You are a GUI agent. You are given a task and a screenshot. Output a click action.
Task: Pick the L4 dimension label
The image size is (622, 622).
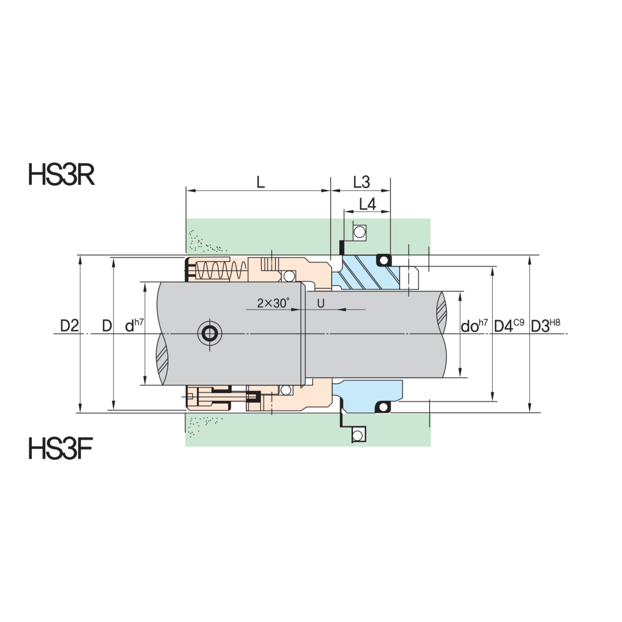(x=367, y=204)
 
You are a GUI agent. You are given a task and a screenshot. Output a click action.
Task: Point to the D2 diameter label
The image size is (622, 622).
(x=69, y=326)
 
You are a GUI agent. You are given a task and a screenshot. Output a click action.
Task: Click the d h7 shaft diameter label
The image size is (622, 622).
(x=134, y=326)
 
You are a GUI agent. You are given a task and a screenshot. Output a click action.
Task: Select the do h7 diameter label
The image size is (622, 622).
(x=474, y=326)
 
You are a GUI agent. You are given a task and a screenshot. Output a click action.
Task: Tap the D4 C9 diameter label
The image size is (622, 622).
(x=509, y=326)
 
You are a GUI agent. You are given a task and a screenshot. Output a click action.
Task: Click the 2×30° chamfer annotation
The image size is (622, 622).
(x=273, y=303)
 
